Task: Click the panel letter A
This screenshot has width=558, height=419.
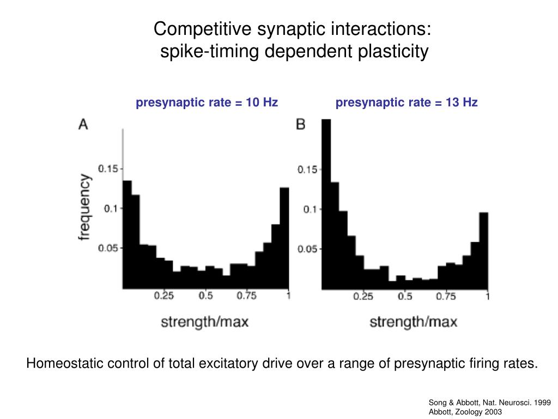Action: coord(83,124)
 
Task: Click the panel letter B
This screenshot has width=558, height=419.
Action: coord(300,124)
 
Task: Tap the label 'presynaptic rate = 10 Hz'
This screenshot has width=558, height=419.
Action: coord(207,103)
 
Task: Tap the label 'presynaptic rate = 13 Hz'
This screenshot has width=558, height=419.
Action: coord(407,103)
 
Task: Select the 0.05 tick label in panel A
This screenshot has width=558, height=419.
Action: coord(108,248)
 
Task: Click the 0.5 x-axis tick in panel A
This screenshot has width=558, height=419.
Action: coord(205,296)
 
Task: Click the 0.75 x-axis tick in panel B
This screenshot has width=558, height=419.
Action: coord(446,296)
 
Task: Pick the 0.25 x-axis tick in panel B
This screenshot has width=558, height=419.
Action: coord(363,296)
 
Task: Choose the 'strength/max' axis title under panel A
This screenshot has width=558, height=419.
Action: coord(204,321)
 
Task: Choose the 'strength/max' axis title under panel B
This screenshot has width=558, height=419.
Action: coord(414,321)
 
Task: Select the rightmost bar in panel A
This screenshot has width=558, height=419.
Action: coord(284,238)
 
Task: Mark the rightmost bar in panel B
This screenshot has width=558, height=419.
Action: coord(483,251)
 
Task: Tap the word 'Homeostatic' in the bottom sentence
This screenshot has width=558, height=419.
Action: coord(61,363)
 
